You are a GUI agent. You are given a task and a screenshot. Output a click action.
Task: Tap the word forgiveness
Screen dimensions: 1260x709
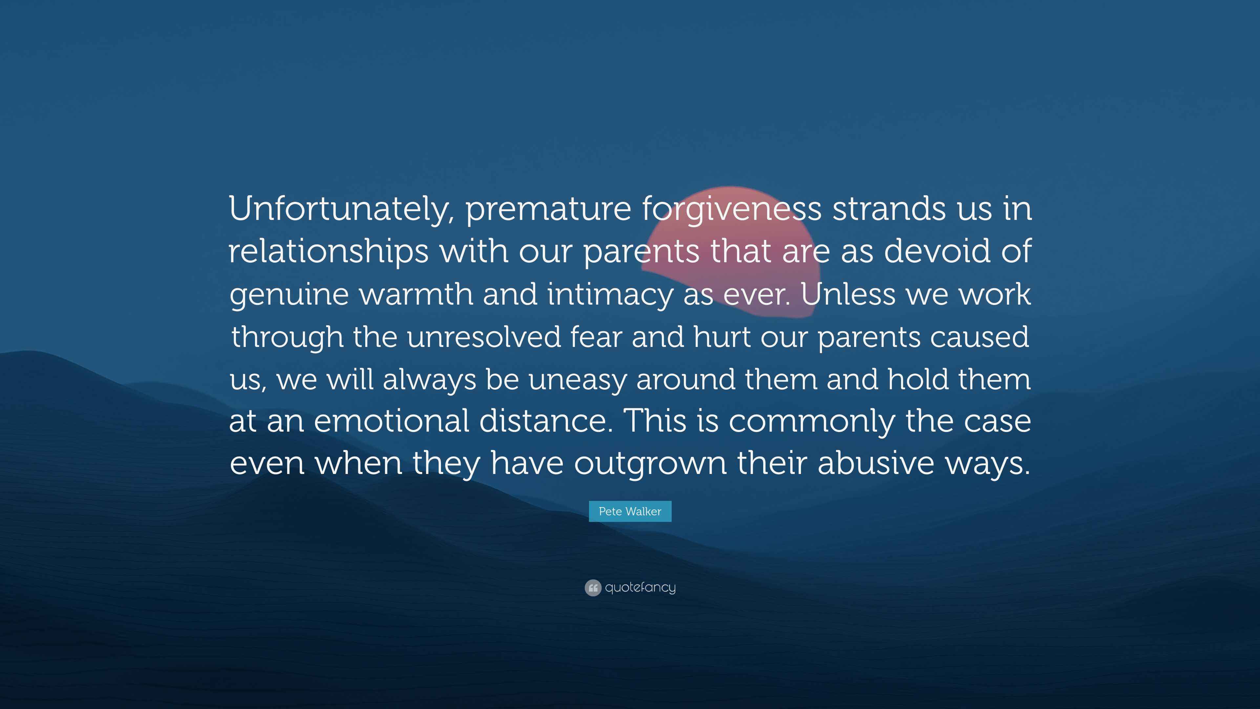(x=731, y=209)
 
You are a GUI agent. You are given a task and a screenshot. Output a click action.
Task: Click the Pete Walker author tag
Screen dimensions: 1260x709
(x=630, y=511)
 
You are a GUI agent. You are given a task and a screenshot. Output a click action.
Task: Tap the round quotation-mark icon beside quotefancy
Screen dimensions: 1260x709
(x=593, y=588)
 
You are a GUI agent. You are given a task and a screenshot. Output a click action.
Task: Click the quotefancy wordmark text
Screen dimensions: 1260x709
(x=640, y=587)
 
